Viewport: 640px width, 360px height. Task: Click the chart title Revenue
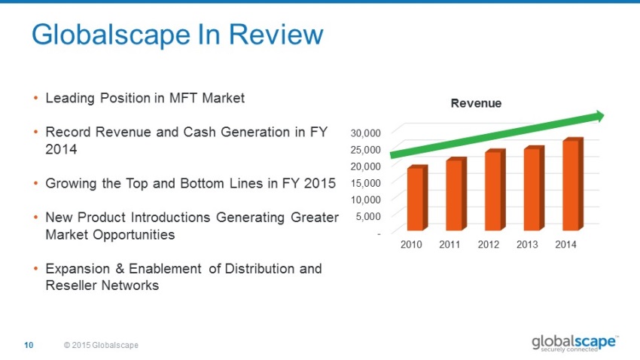pos(476,103)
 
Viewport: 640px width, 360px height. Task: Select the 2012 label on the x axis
pos(489,245)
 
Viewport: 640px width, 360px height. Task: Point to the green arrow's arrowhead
pos(600,116)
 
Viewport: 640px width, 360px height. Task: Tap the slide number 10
pos(29,345)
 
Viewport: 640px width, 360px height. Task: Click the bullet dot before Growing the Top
pos(35,183)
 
